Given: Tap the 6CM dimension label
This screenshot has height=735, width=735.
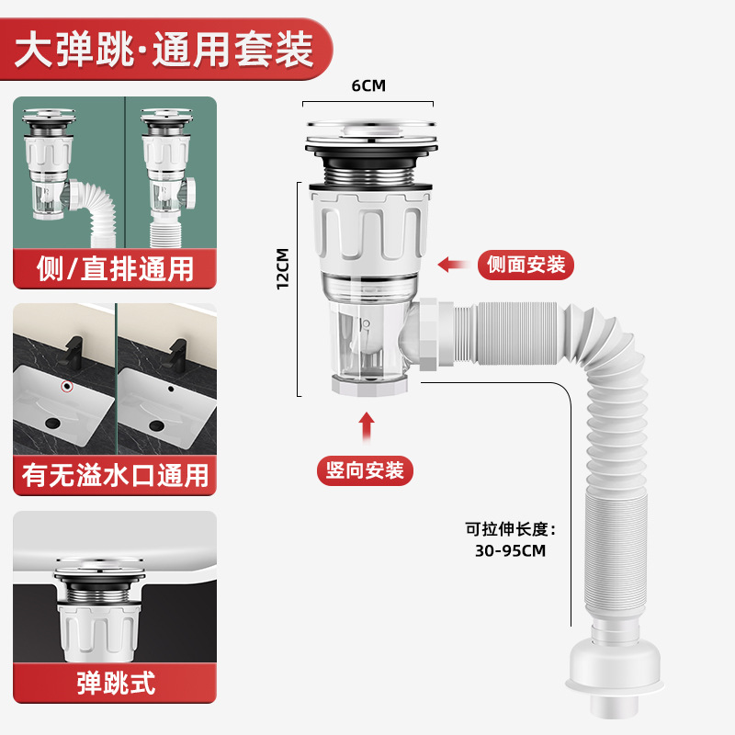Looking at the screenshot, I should [367, 85].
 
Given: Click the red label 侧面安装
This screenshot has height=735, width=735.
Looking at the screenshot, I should [526, 266].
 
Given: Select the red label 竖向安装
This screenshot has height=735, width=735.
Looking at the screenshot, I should [366, 470].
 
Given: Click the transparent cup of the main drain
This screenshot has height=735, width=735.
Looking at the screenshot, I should [366, 340].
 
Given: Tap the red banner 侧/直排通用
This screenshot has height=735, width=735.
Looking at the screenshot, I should [116, 269].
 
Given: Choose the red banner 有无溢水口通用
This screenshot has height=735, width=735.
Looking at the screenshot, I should [116, 476].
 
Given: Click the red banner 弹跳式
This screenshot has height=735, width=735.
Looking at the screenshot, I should [116, 684].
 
